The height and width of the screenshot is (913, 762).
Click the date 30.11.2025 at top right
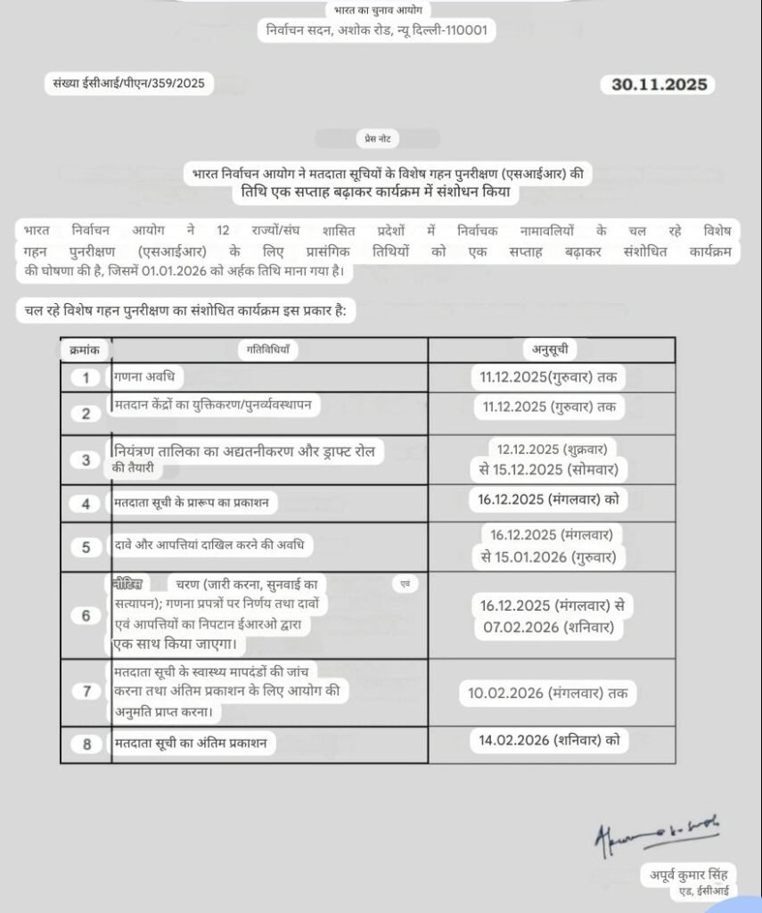(659, 85)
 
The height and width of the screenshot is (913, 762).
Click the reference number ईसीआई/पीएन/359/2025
(130, 84)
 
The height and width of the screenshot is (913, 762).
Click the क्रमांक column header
(86, 350)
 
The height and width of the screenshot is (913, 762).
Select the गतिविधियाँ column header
(269, 350)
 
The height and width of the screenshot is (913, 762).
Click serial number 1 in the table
(86, 377)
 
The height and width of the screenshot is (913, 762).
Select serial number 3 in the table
(86, 460)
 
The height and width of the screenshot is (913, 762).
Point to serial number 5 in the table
(86, 547)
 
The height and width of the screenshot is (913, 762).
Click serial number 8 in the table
(86, 744)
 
